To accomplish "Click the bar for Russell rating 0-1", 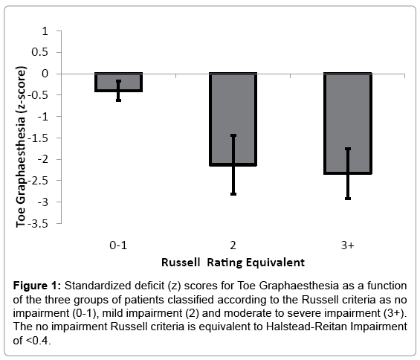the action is (x=119, y=82).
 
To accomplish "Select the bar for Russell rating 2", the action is (x=233, y=119).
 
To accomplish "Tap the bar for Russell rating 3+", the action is (x=348, y=123).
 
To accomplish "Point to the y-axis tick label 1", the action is (x=45, y=31).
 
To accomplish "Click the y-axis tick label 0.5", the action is (x=39, y=52).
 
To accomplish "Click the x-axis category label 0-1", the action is (x=118, y=245).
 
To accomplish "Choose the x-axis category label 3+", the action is (x=348, y=245).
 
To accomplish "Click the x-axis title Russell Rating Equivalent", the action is (x=233, y=263).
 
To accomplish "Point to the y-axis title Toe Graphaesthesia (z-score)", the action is (x=21, y=147).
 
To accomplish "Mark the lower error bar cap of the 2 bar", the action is (x=233, y=194).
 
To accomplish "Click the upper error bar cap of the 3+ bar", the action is (x=348, y=149).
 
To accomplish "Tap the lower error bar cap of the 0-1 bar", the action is (x=119, y=100).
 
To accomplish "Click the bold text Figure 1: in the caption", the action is (x=37, y=286).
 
